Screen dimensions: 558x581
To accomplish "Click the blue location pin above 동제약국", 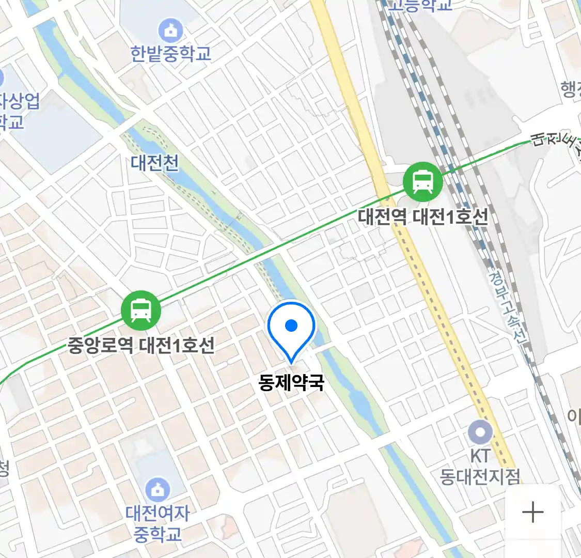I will [x=291, y=331].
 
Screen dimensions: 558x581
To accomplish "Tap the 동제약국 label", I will [x=291, y=383].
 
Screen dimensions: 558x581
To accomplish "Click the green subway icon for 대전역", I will [x=423, y=182].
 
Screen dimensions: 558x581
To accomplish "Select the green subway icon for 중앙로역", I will [x=141, y=311].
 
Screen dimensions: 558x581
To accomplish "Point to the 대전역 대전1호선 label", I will [x=422, y=216].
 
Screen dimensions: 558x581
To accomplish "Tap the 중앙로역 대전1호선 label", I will [x=141, y=345].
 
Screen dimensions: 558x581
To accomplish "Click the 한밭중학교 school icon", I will [x=170, y=31].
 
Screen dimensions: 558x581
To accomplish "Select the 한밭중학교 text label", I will [x=170, y=54].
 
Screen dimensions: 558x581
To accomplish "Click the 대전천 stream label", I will [x=154, y=163].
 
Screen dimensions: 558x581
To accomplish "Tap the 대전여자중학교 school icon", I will [x=158, y=490].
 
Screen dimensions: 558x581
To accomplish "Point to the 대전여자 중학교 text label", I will [x=158, y=523].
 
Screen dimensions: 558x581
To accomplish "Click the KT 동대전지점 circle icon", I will [x=480, y=432].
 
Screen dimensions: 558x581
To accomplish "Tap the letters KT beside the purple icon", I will [x=480, y=456].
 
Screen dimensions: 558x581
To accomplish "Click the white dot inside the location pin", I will [x=291, y=326].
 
